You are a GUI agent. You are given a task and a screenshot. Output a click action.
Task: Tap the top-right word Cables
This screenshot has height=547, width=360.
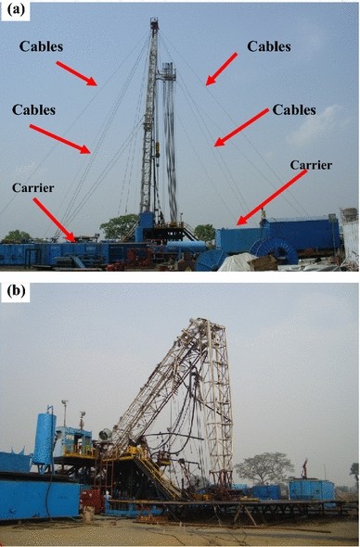(x=270, y=45)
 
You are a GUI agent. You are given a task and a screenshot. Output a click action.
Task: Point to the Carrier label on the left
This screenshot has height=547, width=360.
(x=33, y=187)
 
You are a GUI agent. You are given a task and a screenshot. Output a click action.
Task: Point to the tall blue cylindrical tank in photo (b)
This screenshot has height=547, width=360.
(x=44, y=441)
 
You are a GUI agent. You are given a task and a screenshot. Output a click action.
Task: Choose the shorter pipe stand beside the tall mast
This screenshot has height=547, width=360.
(x=168, y=139)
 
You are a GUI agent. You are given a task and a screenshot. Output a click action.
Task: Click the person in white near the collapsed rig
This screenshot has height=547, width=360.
(x=106, y=505)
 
